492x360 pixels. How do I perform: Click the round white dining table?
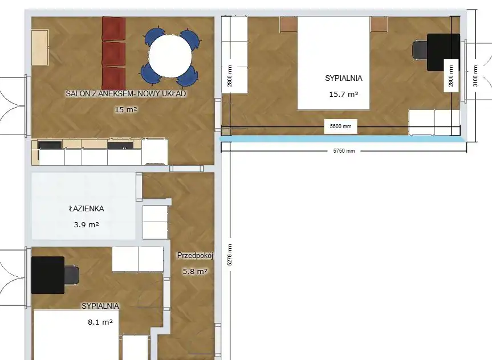point(170,55)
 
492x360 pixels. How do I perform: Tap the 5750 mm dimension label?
point(344,151)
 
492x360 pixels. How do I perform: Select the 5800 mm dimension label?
point(340,126)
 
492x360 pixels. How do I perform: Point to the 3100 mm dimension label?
point(475,76)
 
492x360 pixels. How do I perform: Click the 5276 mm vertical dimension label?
point(230,255)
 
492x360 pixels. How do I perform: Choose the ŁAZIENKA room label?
point(87,208)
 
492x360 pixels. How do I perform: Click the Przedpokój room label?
point(195,256)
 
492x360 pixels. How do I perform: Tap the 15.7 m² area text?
point(344,94)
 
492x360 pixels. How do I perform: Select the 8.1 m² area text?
point(100,322)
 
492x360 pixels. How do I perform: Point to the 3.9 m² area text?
point(87,224)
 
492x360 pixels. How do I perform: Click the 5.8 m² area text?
point(195,271)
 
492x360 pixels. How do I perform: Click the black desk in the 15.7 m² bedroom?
point(444,52)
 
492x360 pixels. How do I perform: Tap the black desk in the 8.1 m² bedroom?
point(48,275)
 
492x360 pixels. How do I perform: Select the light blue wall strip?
point(343,138)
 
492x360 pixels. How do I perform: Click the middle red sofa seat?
point(113,54)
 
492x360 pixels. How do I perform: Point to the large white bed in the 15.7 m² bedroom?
point(334,63)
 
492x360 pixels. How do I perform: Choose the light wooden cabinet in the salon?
point(40,48)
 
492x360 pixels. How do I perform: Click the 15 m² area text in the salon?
point(126,109)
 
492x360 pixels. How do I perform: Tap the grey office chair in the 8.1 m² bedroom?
point(72,275)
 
